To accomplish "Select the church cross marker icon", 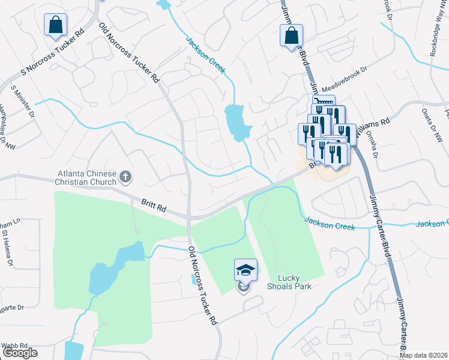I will click(x=125, y=176).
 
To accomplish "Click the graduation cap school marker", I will click(x=245, y=269).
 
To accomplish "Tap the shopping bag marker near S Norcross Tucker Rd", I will click(x=55, y=26).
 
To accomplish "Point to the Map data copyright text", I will click(x=423, y=355).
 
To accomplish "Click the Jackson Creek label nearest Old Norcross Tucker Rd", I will click(x=206, y=56).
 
